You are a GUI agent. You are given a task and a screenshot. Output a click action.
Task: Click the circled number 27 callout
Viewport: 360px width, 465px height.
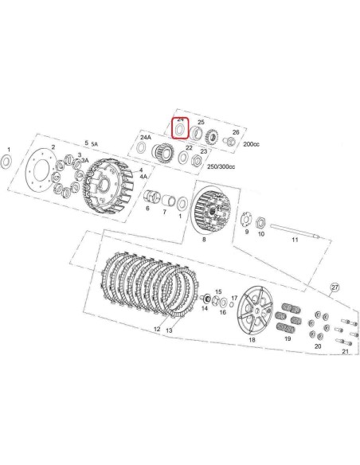coord(335,287)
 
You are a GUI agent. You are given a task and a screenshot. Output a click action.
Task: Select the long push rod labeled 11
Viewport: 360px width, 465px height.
coord(295,232)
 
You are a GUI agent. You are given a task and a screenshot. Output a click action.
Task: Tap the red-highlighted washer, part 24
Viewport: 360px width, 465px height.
coord(180,130)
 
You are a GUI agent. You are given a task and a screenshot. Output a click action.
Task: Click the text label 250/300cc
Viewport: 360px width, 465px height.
coord(221,166)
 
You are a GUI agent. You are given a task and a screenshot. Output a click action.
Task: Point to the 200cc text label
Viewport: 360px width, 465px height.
coord(251,144)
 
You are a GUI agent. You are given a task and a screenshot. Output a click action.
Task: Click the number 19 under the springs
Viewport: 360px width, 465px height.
coord(288,338)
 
